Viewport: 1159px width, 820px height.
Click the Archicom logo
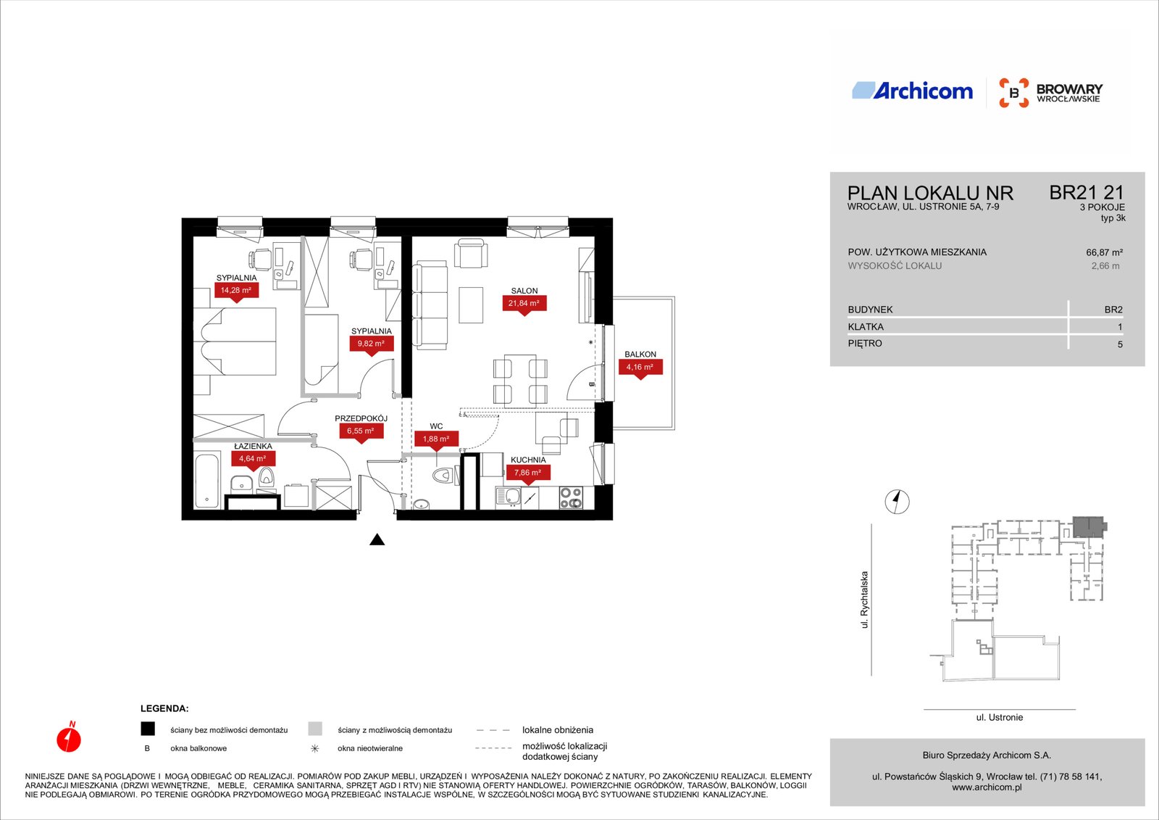(912, 91)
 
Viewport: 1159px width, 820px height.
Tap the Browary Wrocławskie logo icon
(1013, 93)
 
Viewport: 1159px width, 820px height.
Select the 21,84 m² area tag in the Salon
(524, 305)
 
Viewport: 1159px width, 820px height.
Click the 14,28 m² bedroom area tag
(236, 291)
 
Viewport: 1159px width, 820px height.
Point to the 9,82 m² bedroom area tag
(371, 345)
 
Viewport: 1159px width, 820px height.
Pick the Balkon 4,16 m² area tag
(640, 368)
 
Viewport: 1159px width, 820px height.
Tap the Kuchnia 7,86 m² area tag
(527, 474)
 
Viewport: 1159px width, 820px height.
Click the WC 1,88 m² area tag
(436, 440)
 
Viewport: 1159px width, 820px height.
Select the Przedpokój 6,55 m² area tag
(361, 432)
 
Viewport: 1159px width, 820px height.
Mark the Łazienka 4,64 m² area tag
(253, 460)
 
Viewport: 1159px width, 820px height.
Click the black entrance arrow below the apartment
(377, 539)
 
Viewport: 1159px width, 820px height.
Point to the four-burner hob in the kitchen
(571, 497)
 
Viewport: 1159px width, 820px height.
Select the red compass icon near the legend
(69, 737)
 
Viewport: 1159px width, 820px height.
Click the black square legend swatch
(148, 729)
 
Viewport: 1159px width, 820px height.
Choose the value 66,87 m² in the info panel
(1104, 253)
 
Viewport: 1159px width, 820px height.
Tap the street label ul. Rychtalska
(864, 600)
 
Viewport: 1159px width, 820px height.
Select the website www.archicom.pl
(987, 787)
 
